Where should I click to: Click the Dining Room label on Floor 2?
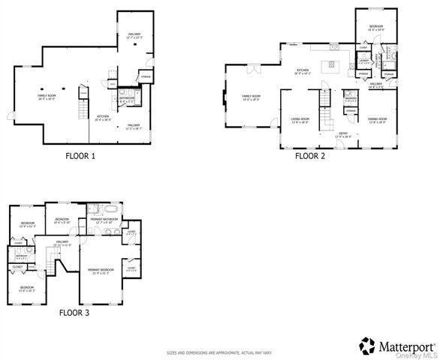[x=377, y=119]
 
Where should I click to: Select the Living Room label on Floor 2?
[x=300, y=119]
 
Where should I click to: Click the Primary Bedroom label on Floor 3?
[x=101, y=270]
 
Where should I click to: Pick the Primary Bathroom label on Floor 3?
[x=104, y=220]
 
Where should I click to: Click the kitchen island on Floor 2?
[x=327, y=67]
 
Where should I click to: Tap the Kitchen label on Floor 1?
[x=103, y=117]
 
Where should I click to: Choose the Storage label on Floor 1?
[x=146, y=75]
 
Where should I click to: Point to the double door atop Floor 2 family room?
[x=253, y=70]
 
